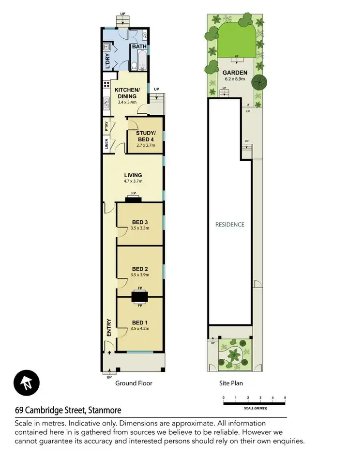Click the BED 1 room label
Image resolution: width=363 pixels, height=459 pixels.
140,322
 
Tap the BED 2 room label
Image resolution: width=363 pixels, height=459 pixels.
140,269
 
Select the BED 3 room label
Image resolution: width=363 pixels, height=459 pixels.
140,222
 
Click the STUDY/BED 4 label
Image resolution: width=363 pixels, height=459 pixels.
145,136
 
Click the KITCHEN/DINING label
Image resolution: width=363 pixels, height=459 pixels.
127,93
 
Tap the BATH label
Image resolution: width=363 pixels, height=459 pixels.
139,47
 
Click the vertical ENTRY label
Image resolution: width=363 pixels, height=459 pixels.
109,327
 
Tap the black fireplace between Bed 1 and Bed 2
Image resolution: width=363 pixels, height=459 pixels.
140,296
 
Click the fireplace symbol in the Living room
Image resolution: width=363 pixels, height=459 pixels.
133,199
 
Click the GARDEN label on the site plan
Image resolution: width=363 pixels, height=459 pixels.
236,73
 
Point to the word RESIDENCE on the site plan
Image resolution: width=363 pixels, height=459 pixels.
230,225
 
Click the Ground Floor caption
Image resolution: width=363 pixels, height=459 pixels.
134,383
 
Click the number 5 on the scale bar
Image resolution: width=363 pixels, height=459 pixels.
285,398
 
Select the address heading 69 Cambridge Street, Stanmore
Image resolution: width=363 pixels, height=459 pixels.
67,411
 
